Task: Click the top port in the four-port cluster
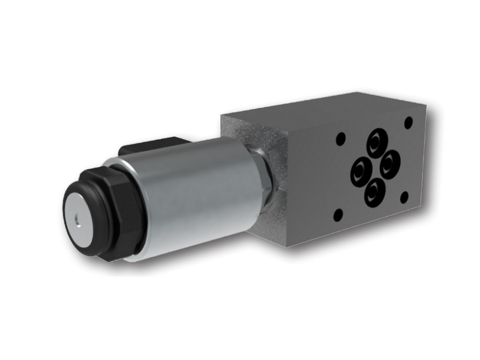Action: (x=377, y=142)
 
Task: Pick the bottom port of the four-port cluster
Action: (x=375, y=193)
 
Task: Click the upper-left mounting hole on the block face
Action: (x=340, y=139)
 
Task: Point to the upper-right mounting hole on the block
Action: (x=409, y=122)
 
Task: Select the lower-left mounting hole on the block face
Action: (x=338, y=214)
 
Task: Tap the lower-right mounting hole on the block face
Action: (x=404, y=196)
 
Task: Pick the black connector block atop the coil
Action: (x=150, y=146)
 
